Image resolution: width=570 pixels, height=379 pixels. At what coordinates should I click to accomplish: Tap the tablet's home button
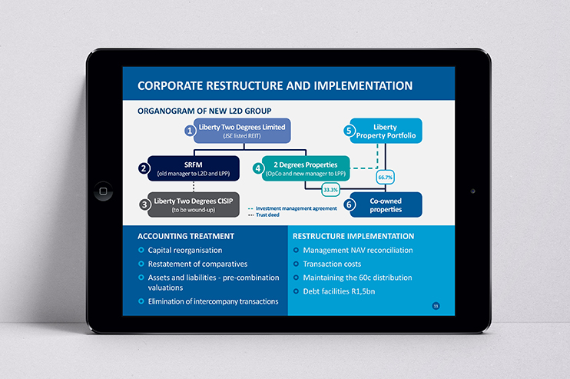point(103,191)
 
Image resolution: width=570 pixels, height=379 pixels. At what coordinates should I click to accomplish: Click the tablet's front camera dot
point(472,191)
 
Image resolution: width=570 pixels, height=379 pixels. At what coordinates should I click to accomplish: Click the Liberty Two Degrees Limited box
point(242,131)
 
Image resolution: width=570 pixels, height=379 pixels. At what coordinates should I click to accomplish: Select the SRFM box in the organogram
point(194,168)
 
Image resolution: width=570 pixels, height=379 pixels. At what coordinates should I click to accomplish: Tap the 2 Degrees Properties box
point(306,168)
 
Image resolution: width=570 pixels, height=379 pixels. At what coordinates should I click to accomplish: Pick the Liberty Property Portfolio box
point(386,131)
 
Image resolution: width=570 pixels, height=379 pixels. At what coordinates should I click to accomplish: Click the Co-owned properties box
point(386,204)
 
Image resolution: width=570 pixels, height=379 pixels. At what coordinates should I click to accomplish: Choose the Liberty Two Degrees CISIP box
point(194,204)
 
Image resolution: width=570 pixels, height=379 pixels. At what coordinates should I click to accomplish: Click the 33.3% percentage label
point(331,189)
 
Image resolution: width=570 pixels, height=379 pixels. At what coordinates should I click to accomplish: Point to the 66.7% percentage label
point(386,177)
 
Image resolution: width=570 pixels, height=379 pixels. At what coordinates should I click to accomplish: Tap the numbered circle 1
point(190,130)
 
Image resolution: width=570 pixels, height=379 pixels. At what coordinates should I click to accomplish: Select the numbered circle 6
point(349,204)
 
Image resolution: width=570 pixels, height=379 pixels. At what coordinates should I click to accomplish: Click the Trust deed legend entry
point(263,215)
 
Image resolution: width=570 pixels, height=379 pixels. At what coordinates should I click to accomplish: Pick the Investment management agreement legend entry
point(292,208)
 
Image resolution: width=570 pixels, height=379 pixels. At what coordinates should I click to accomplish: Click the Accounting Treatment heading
point(186,236)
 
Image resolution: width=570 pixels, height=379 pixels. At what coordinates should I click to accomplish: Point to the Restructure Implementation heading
point(353,236)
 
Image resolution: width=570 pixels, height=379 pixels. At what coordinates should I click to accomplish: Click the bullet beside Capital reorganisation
point(141,250)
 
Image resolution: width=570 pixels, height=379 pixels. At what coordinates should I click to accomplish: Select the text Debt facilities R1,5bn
point(340,291)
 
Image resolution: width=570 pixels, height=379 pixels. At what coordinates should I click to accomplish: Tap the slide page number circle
point(436,306)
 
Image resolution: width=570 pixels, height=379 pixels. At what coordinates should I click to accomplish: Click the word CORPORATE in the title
point(170,86)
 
